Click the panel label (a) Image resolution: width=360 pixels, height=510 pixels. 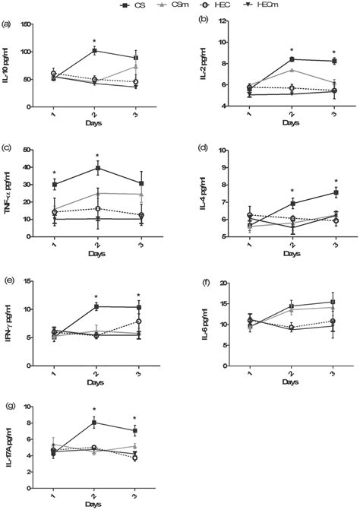(x=7, y=22)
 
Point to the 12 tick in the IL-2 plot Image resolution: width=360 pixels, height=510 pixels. (x=223, y=21)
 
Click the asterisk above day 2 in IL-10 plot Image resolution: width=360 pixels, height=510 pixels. (x=94, y=41)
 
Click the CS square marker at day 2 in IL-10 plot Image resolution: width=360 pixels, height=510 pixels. (x=94, y=51)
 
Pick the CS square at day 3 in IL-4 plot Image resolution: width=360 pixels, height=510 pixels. (x=335, y=192)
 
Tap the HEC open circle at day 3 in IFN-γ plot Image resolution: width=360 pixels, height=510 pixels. (x=138, y=322)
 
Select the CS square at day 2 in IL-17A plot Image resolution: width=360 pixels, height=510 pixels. (x=94, y=422)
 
